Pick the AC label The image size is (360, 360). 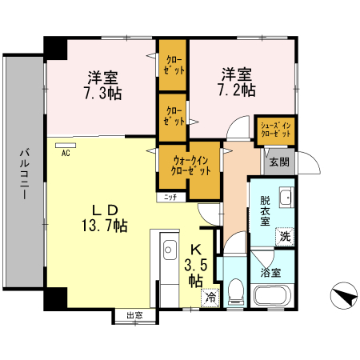click(x=66, y=152)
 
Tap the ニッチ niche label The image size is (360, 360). click(x=170, y=197)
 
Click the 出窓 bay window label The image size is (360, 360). click(x=134, y=315)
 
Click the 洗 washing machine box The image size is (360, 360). click(x=284, y=237)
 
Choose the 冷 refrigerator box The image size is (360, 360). click(x=210, y=297)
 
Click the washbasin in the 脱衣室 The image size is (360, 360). click(x=286, y=199)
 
